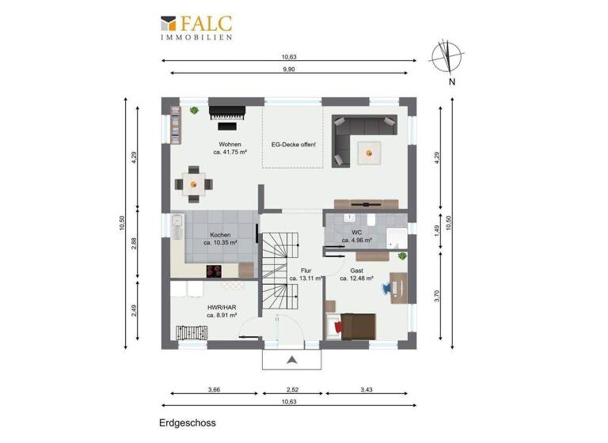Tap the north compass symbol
pyautogui.click(x=448, y=56)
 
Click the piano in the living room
pyautogui.click(x=226, y=115)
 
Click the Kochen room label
pyautogui.click(x=220, y=235)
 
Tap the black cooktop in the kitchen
pyautogui.click(x=215, y=271)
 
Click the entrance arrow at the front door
pyautogui.click(x=292, y=360)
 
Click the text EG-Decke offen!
pyautogui.click(x=293, y=144)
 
